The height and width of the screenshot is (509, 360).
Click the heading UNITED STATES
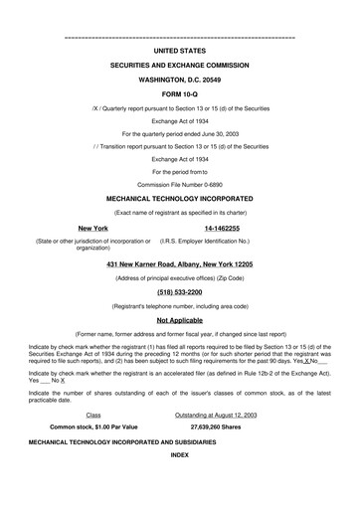click(x=180, y=48)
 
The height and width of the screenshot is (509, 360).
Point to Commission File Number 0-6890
click(x=180, y=184)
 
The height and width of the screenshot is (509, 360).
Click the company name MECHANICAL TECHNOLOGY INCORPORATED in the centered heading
click(x=180, y=198)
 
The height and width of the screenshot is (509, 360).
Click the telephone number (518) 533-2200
click(x=180, y=294)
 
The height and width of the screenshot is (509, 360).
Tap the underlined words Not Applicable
click(x=180, y=321)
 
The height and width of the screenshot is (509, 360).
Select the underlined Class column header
click(x=93, y=413)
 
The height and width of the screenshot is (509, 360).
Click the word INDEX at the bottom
click(x=180, y=453)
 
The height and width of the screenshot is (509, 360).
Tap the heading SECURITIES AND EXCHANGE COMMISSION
click(x=180, y=65)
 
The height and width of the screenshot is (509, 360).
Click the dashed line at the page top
click(x=180, y=36)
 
